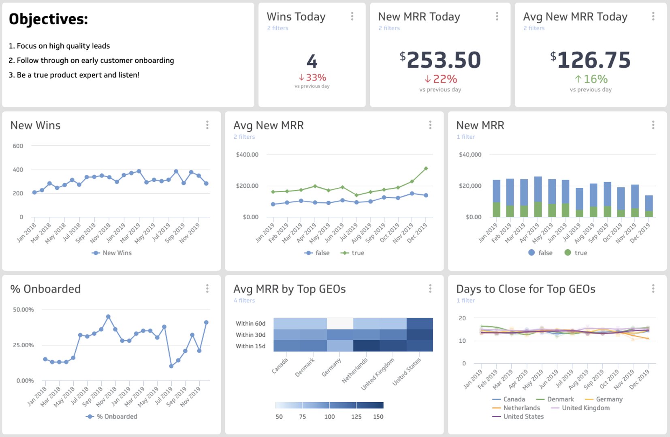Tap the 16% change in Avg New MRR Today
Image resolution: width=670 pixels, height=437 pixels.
coord(591,79)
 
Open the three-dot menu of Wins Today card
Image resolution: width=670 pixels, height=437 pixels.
coord(352,16)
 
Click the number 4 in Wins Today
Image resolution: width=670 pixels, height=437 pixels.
coord(312,61)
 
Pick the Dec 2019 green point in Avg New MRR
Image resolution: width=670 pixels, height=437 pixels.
coord(426,168)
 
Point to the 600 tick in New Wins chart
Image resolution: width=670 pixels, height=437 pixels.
coord(18,146)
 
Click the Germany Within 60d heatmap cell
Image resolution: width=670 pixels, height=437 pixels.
coord(340,323)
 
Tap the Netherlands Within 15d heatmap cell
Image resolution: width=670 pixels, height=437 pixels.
coord(366,346)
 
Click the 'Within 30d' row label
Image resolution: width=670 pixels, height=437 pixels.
coord(250,335)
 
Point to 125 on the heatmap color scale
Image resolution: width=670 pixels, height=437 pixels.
coord(356,417)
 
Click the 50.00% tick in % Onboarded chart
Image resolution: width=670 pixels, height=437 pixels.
coord(23,310)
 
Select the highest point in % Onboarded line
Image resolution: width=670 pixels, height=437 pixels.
coord(108,317)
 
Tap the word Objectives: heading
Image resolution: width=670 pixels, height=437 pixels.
coord(49,19)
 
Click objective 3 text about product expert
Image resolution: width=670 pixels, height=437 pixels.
coord(74,75)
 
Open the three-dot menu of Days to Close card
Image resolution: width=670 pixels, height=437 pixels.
coord(653,289)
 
